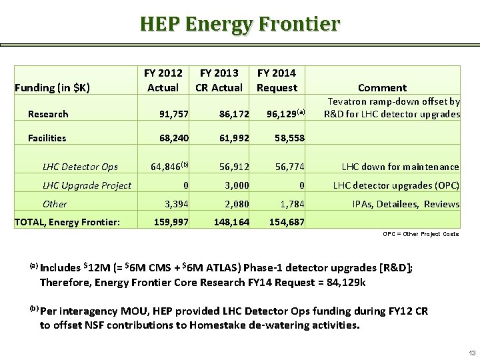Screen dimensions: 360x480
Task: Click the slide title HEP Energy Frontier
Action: point(239,24)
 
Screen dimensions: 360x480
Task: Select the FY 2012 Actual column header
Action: point(163,80)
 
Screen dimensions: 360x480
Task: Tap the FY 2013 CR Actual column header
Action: point(219,80)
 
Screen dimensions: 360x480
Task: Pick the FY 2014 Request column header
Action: point(277,80)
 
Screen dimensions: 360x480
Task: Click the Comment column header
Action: point(382,87)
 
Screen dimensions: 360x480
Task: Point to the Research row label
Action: point(48,114)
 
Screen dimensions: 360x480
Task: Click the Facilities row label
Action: point(47,138)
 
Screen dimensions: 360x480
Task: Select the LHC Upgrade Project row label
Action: point(87,185)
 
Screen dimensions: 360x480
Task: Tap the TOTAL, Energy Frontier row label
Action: point(67,222)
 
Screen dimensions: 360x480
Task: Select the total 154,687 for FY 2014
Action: point(286,222)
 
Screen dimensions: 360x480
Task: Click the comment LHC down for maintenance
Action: point(400,167)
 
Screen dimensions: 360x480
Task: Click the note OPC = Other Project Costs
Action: point(421,234)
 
